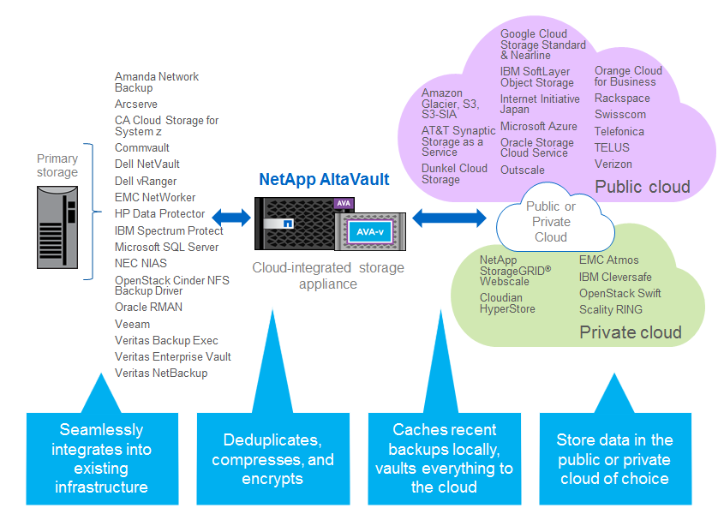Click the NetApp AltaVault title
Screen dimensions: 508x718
pyautogui.click(x=324, y=179)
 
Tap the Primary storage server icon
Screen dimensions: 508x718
pyautogui.click(x=57, y=228)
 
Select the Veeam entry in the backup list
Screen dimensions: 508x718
pyautogui.click(x=133, y=324)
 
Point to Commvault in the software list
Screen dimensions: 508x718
pyautogui.click(x=142, y=147)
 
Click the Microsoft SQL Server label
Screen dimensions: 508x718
pyautogui.click(x=167, y=247)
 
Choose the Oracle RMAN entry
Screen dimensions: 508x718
pyautogui.click(x=149, y=307)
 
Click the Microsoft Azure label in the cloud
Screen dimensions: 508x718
pyautogui.click(x=539, y=126)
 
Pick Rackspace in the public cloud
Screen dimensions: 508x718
pyautogui.click(x=622, y=99)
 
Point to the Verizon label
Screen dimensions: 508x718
pyautogui.click(x=613, y=164)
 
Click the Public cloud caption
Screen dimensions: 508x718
pyautogui.click(x=643, y=187)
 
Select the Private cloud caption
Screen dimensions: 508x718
pyautogui.click(x=631, y=332)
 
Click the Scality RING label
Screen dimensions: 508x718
pyautogui.click(x=611, y=309)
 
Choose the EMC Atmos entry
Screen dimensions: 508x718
pyautogui.click(x=609, y=260)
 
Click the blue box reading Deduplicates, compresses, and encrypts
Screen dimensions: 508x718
pyautogui.click(x=272, y=458)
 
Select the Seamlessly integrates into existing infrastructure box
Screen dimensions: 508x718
pyautogui.click(x=101, y=458)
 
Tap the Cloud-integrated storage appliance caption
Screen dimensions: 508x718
pyautogui.click(x=328, y=276)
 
